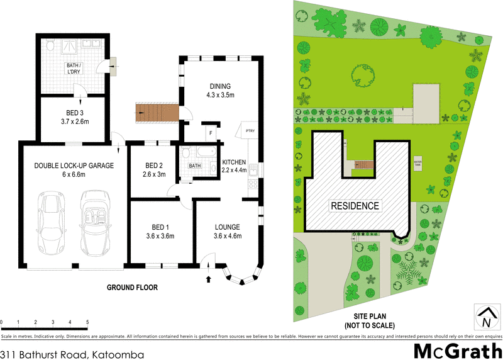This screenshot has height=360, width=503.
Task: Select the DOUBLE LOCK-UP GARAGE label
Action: pos(74,166)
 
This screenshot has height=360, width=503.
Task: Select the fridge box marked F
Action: pos(209,133)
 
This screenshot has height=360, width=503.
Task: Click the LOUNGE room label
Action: pos(228,227)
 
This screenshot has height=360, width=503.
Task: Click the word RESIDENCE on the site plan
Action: pos(355,206)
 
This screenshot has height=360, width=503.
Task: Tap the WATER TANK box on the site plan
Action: pos(416,163)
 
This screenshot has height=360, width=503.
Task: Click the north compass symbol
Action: pos(485,317)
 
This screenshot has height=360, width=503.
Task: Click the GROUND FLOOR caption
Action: pos(132,288)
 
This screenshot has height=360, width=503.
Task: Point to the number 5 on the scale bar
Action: pos(87,322)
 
